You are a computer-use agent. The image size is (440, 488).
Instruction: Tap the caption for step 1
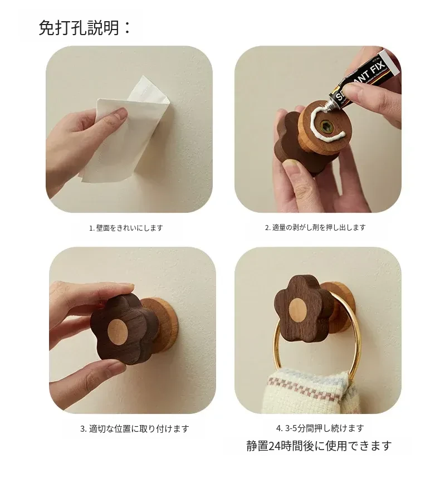[x=126, y=228]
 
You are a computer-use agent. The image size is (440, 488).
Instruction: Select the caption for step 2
[x=315, y=227]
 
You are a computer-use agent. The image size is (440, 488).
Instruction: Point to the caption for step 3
[x=134, y=428]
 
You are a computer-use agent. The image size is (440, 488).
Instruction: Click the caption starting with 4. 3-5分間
[x=320, y=428]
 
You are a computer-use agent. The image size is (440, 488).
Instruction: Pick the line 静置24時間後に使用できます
[x=319, y=446]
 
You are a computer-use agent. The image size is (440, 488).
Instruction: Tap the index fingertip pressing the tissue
[x=120, y=113]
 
